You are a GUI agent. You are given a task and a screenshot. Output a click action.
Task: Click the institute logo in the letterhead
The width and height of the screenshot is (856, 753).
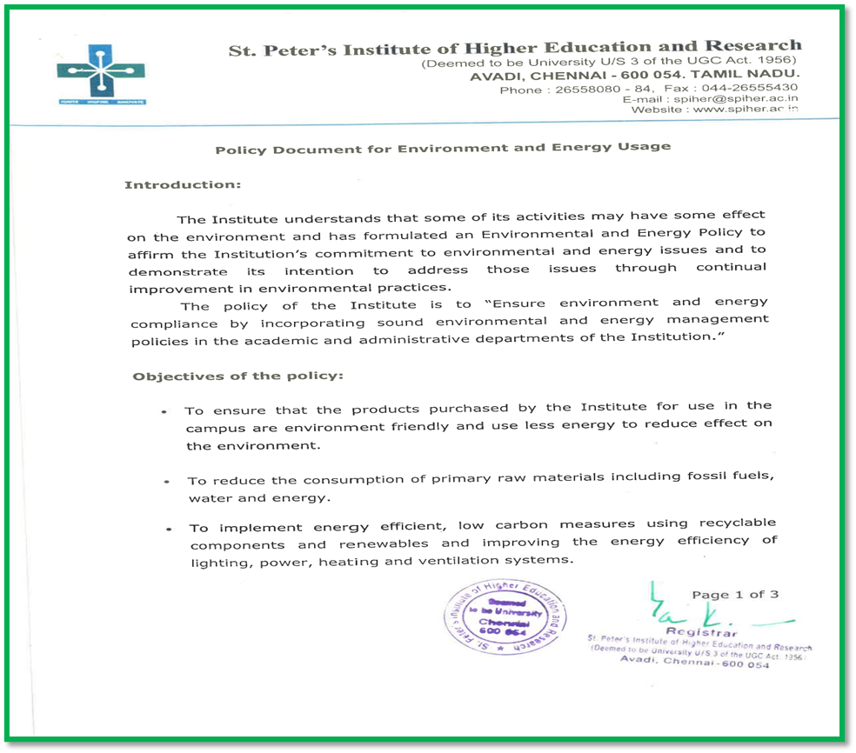[x=102, y=77]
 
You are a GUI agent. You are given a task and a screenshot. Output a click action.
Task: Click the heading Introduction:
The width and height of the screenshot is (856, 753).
[x=182, y=185]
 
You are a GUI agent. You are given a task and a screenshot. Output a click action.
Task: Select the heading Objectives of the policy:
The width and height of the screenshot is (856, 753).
[x=237, y=376]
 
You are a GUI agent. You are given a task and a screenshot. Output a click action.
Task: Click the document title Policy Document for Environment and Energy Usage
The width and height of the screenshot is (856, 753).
[x=443, y=148]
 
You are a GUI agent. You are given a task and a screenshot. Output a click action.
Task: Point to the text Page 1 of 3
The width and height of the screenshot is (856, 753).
[x=735, y=595]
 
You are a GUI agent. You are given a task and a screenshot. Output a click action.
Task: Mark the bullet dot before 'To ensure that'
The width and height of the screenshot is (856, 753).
[x=164, y=411]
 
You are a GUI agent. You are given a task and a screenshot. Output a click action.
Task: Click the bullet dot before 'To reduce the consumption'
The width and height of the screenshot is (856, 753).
[x=166, y=481]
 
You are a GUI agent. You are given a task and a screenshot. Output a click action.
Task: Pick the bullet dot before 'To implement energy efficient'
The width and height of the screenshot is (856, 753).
[x=169, y=529]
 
